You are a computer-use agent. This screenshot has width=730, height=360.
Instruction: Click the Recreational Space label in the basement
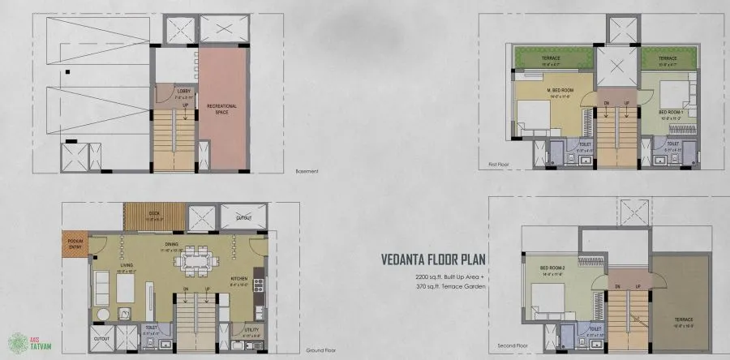pos(221,108)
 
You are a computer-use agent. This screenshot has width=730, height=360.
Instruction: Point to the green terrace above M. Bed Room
pos(553,58)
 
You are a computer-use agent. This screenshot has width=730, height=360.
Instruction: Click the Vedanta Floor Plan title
pos(439,260)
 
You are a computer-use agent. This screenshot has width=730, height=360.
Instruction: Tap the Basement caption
pos(307,172)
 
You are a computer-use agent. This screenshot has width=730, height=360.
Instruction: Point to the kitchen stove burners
pos(259,284)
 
